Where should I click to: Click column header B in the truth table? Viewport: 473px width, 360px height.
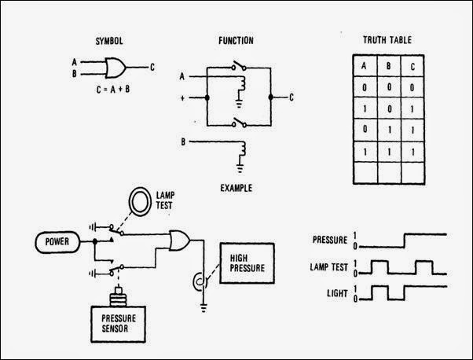(x=386, y=65)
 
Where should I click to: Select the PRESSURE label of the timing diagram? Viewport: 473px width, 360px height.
(x=330, y=237)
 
